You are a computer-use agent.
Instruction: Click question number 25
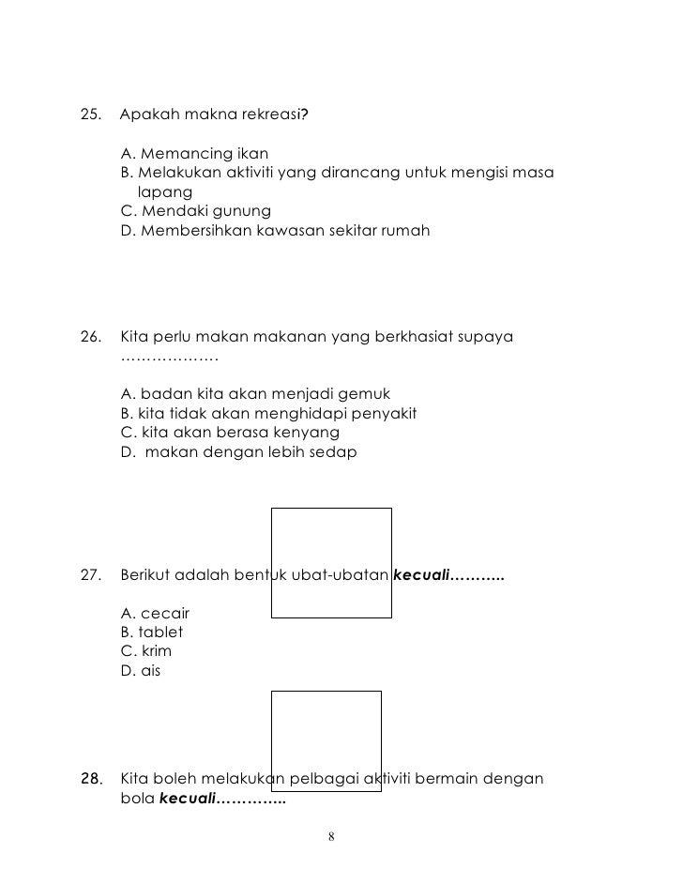(91, 115)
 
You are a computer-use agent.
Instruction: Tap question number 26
(91, 336)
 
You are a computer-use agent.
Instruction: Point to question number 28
(91, 779)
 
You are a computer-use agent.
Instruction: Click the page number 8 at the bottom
(332, 837)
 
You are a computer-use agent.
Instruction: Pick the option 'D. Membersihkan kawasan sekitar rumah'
(276, 229)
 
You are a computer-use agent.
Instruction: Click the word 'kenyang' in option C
(310, 433)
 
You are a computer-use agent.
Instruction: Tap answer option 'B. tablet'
(152, 632)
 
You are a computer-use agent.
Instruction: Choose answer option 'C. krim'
(146, 650)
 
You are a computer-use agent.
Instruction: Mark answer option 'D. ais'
(142, 670)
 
